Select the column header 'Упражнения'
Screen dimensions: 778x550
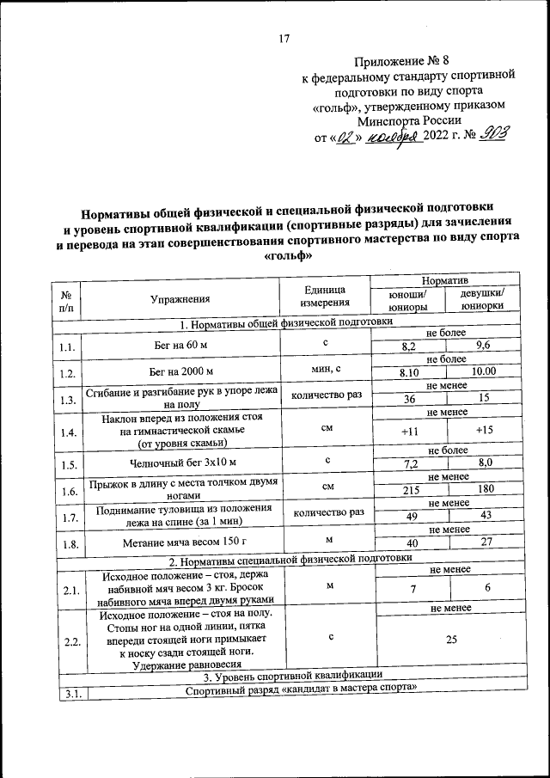(x=180, y=299)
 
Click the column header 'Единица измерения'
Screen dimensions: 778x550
(x=325, y=297)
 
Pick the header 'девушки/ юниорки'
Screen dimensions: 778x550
(x=482, y=303)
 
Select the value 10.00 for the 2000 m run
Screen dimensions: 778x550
(x=484, y=371)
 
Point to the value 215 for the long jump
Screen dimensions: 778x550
(x=413, y=488)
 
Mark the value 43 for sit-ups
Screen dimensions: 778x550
(x=486, y=515)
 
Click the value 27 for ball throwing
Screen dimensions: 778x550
(x=486, y=542)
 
